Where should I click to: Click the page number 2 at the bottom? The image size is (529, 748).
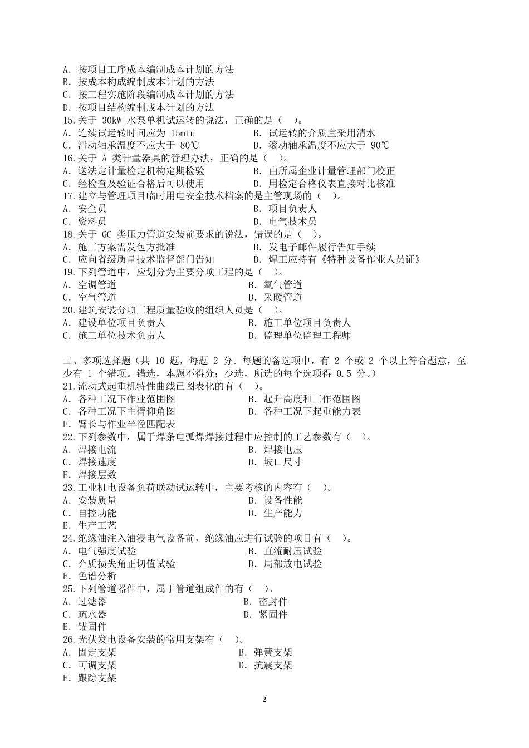coord(264,699)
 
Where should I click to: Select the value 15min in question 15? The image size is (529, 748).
coord(183,133)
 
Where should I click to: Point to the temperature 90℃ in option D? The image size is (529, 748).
coord(377,146)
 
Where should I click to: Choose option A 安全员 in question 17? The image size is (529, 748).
coord(92,209)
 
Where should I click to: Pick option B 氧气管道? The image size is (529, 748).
coord(283,285)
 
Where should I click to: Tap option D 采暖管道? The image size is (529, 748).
coord(283,297)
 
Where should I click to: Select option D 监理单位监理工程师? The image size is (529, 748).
coord(307,336)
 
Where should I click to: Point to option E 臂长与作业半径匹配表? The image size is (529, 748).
coord(126,424)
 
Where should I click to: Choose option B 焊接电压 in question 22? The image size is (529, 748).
coord(283,449)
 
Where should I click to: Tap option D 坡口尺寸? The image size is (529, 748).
coord(283,462)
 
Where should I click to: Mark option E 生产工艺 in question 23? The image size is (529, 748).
coord(97,525)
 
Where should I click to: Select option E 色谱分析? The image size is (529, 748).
coord(97,576)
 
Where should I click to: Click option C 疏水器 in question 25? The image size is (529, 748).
coord(92,614)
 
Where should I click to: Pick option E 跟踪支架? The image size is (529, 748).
coord(97,678)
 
